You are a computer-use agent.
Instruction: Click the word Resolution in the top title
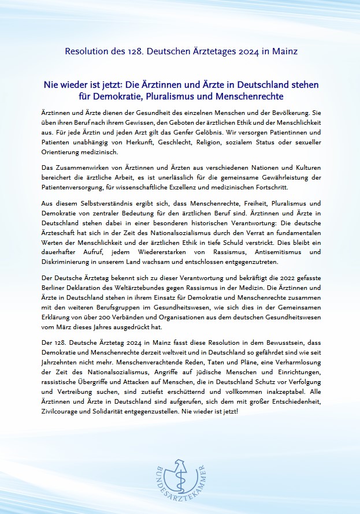[84, 51]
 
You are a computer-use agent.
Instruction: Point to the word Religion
[205, 143]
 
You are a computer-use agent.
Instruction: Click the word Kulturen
[305, 167]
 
